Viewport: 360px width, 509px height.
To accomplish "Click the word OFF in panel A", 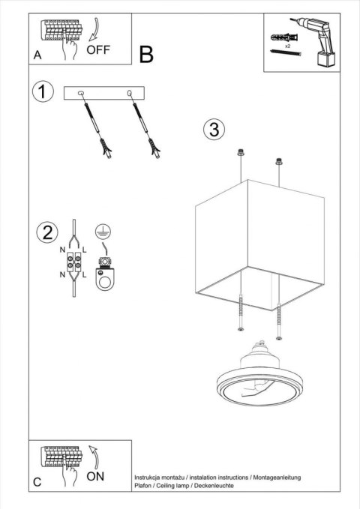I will pyautogui.click(x=99, y=50).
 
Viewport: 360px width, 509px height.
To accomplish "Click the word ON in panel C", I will pyautogui.click(x=96, y=475).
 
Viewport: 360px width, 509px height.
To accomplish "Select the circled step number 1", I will pyautogui.click(x=43, y=92).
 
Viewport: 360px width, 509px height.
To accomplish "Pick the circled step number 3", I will pyautogui.click(x=214, y=130).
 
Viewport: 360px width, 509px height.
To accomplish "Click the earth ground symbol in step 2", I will pyautogui.click(x=103, y=232).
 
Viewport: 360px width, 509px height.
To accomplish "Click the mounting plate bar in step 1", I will pyautogui.click(x=106, y=93).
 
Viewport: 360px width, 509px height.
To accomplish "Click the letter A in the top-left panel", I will pyautogui.click(x=37, y=55).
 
